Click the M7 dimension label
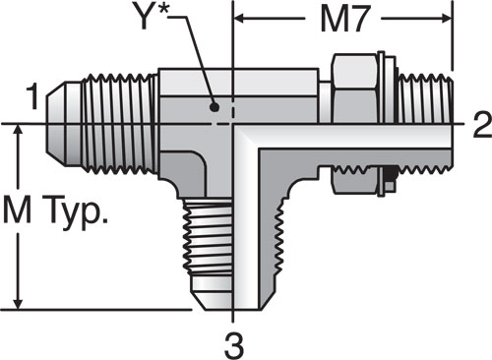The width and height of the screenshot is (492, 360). click(x=343, y=20)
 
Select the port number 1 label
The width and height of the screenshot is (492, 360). click(x=33, y=96)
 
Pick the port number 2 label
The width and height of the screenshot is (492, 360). click(x=482, y=124)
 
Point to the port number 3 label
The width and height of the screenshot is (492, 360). click(x=234, y=345)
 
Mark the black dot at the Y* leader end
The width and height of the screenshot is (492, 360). click(x=215, y=107)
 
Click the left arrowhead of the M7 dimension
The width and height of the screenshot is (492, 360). click(x=240, y=19)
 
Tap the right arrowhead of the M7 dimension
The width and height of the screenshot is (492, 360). click(x=446, y=19)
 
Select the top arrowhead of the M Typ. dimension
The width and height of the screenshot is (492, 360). click(x=20, y=130)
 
